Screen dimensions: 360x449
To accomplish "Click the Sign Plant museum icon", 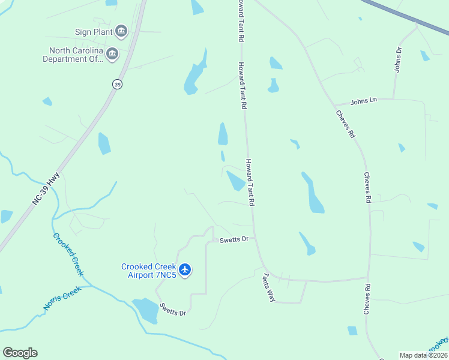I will (121, 31).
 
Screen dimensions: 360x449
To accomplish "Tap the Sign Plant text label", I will (94, 32).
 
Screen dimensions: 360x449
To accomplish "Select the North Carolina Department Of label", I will (73, 55).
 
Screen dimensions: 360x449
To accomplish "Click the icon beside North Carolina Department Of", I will (112, 55).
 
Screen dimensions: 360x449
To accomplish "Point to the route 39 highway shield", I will (116, 85).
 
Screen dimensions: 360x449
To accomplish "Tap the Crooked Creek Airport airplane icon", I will (185, 270).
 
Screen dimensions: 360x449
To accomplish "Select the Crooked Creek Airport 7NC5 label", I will (149, 271).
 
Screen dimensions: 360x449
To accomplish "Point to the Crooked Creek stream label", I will (67, 254).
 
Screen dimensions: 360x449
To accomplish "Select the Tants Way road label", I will (269, 287).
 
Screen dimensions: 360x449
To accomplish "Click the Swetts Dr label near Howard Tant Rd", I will (234, 239).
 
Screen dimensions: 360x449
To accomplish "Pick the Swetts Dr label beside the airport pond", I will (173, 310).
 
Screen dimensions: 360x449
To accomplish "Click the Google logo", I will (20, 353).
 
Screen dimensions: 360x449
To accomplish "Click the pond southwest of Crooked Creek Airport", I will (145, 310).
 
